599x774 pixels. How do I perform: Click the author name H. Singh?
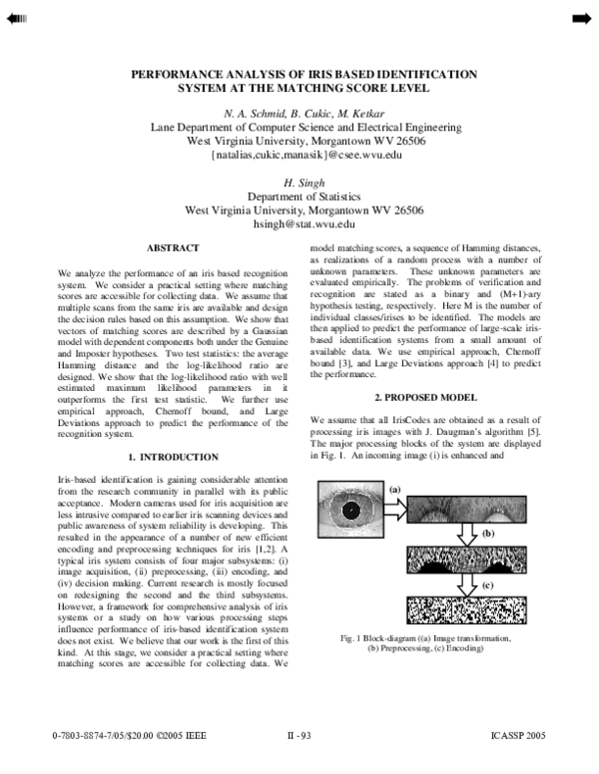[x=305, y=184]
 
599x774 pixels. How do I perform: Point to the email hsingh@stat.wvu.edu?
[x=305, y=225]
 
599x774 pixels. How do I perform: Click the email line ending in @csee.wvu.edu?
[x=305, y=156]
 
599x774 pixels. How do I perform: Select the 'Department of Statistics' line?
[x=305, y=197]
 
